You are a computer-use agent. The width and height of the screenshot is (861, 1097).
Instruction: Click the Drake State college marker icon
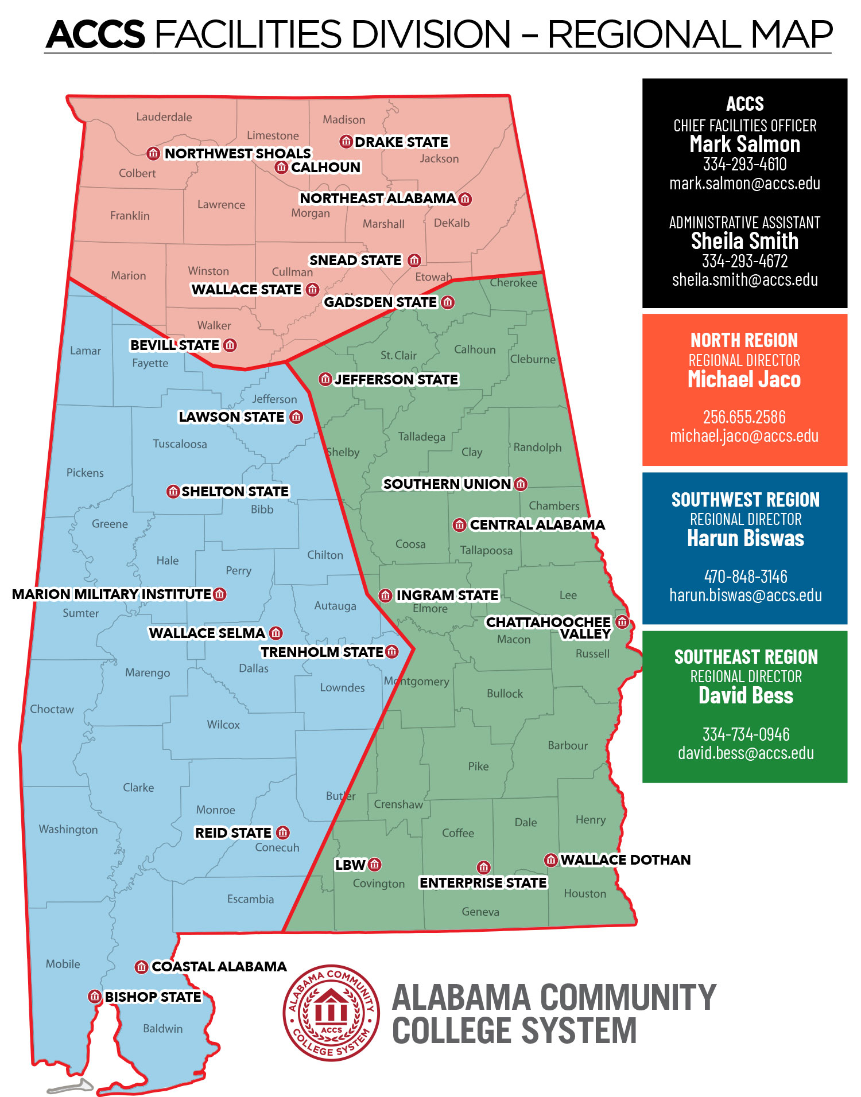pyautogui.click(x=346, y=141)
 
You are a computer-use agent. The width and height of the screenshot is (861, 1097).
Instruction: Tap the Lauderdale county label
pyautogui.click(x=164, y=117)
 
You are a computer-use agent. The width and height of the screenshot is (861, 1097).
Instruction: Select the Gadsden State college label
pyautogui.click(x=380, y=302)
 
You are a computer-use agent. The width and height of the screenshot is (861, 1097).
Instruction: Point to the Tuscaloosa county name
pyautogui.click(x=180, y=444)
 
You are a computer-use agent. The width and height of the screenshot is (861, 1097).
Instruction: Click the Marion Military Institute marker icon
pyautogui.click(x=219, y=594)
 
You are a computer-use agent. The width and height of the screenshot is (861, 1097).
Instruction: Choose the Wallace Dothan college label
pyautogui.click(x=625, y=860)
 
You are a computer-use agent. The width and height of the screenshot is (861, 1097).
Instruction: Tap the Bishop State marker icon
pyautogui.click(x=95, y=997)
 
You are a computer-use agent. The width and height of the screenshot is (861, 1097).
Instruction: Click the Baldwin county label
pyautogui.click(x=162, y=1029)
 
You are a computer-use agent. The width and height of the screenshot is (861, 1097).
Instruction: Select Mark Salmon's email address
pyautogui.click(x=744, y=184)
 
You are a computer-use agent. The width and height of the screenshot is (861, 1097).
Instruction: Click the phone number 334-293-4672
pyautogui.click(x=744, y=261)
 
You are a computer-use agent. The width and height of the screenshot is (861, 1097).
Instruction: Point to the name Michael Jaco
pyautogui.click(x=744, y=380)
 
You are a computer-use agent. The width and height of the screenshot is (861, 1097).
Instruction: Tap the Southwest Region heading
pyautogui.click(x=745, y=500)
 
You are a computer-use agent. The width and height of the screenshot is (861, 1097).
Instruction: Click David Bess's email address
pyautogui.click(x=745, y=753)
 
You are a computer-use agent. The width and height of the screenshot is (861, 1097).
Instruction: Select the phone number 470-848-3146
pyautogui.click(x=745, y=577)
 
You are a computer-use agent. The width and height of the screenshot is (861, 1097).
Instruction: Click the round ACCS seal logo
pyautogui.click(x=331, y=1013)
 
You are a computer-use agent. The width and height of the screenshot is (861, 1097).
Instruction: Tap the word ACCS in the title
pyautogui.click(x=96, y=34)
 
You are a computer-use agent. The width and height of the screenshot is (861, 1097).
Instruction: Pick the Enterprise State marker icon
pyautogui.click(x=483, y=867)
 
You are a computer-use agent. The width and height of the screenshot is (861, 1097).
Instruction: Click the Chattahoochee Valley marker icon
pyautogui.click(x=622, y=621)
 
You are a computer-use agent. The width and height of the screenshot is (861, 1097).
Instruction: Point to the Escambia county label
pyautogui.click(x=250, y=899)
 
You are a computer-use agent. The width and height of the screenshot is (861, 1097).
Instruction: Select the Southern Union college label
pyautogui.click(x=447, y=484)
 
